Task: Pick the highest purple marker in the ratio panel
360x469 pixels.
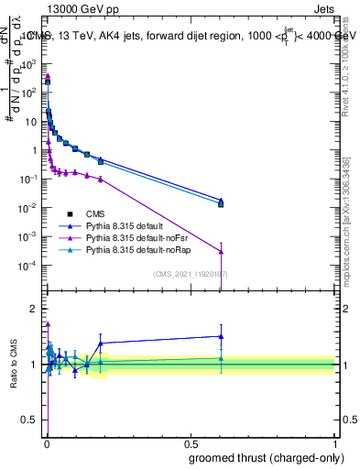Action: (48, 323)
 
